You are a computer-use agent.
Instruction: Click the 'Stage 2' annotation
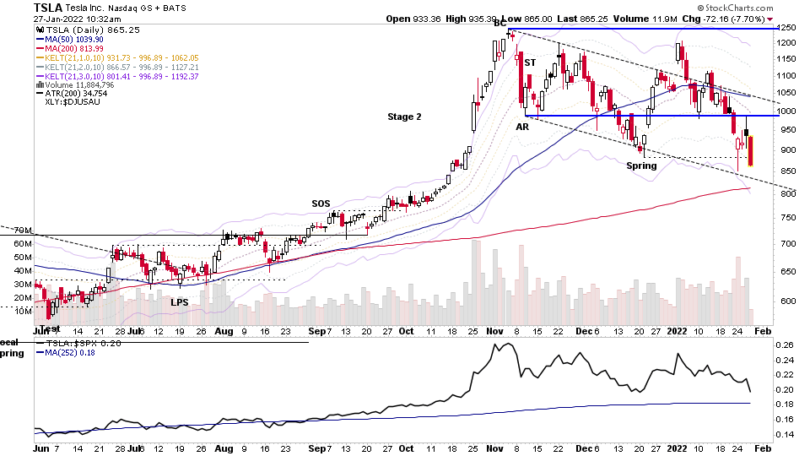click(404, 117)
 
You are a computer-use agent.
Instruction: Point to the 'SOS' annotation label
click(321, 204)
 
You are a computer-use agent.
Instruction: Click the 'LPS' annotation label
click(180, 301)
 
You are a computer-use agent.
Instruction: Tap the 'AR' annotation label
click(523, 126)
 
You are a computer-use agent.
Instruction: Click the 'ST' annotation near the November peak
click(530, 62)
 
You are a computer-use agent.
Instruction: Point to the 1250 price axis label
click(786, 29)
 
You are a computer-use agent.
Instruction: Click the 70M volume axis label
click(22, 231)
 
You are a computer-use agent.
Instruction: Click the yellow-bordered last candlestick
click(750, 150)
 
